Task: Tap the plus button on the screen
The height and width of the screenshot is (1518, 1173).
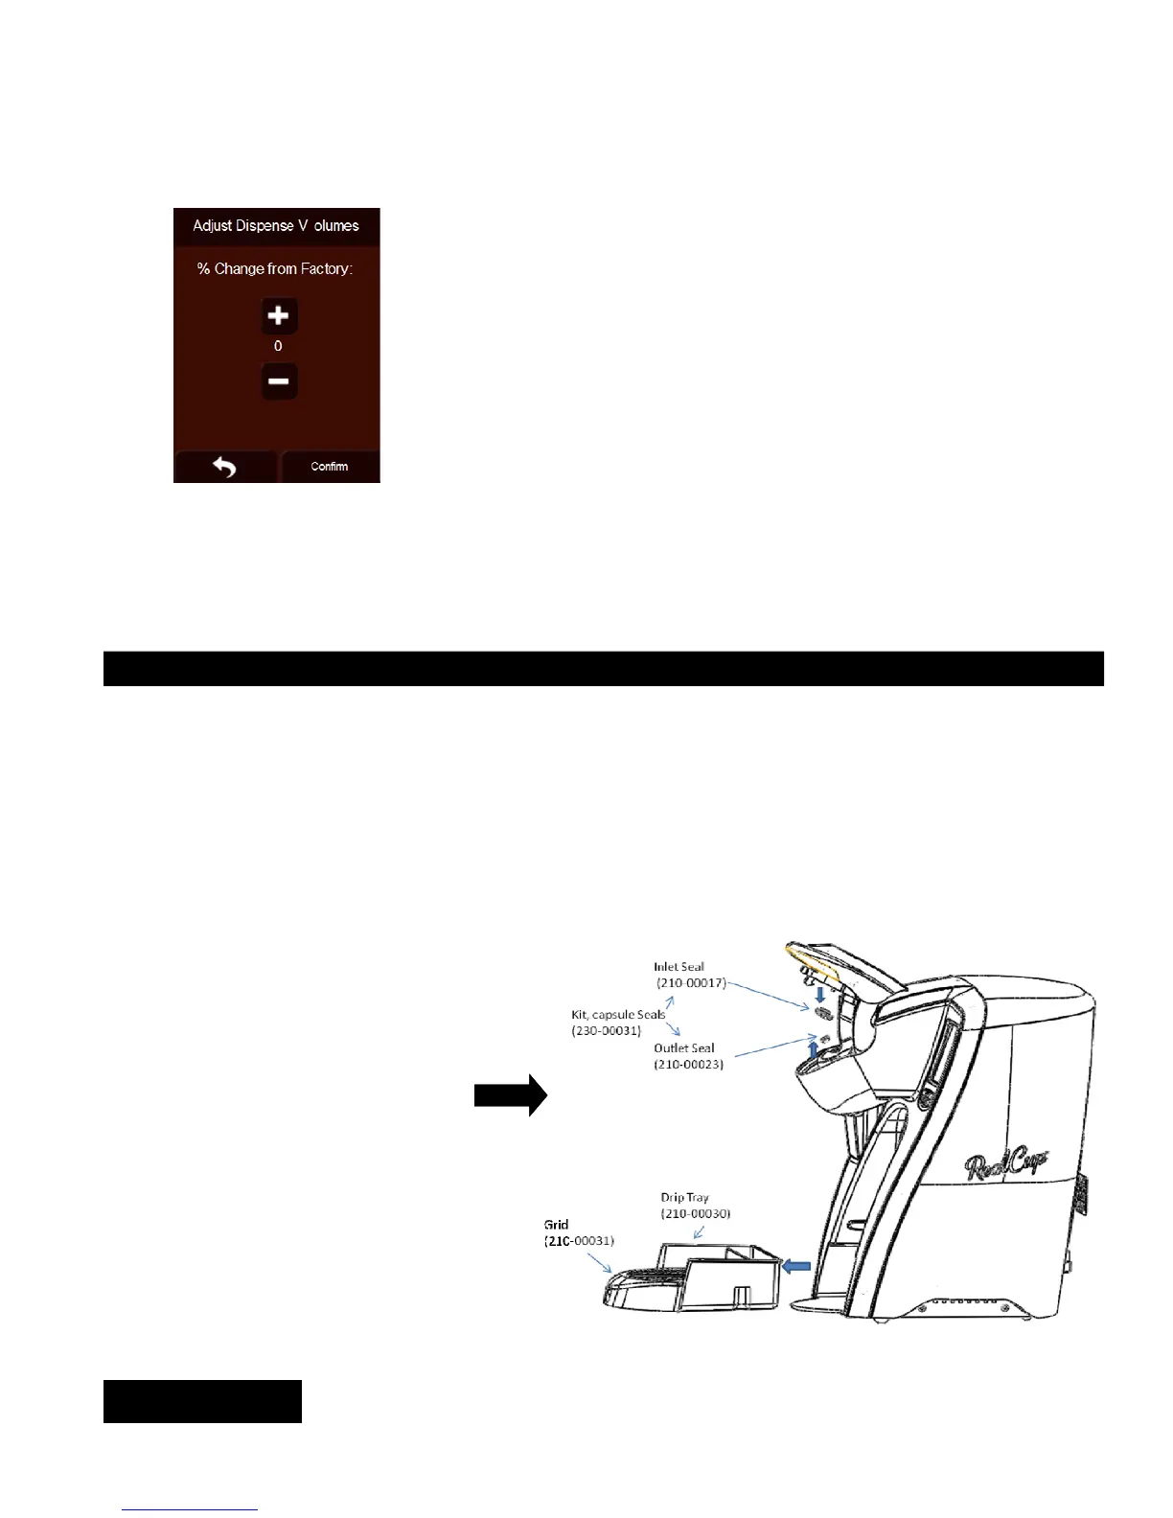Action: pos(279,315)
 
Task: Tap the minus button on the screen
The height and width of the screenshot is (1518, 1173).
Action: pos(279,380)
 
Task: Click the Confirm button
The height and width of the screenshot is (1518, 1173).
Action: pos(330,467)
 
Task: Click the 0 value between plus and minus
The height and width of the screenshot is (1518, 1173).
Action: pos(278,346)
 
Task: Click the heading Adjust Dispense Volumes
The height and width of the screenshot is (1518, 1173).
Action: pos(276,226)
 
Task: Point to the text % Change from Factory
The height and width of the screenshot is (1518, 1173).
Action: pos(275,269)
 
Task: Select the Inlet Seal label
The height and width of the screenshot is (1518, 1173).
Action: pos(678,967)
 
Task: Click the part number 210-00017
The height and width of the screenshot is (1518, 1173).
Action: pos(691,983)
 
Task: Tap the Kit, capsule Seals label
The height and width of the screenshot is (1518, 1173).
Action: pos(618,1014)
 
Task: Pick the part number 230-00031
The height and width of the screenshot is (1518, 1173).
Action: pos(607,1030)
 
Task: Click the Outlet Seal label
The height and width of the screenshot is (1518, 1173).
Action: pos(684,1047)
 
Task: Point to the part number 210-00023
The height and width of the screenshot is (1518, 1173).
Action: pos(689,1064)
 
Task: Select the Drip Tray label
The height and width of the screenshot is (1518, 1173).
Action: pos(684,1197)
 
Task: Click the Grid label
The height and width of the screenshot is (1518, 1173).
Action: pos(556,1225)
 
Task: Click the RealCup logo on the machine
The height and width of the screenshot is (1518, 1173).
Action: pos(1005,1165)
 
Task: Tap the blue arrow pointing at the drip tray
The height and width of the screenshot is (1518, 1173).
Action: pos(796,1267)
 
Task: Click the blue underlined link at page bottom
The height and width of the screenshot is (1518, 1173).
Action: pos(191,1508)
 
